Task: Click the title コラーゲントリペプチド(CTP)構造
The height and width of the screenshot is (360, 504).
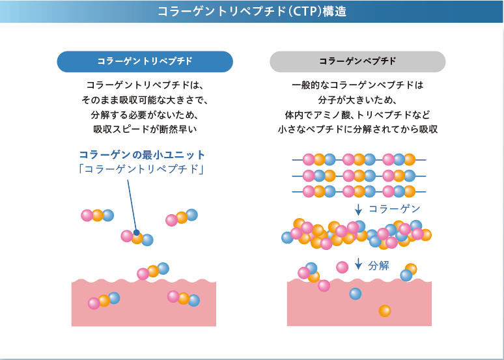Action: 251,12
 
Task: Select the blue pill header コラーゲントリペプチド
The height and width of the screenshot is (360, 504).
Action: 145,62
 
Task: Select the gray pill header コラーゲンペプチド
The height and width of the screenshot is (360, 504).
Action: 357,62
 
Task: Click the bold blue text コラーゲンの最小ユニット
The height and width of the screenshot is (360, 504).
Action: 142,155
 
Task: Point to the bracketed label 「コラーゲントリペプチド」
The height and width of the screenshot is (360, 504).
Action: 142,170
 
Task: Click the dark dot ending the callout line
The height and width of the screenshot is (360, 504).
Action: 136,232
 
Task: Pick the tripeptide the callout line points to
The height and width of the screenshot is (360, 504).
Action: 137,238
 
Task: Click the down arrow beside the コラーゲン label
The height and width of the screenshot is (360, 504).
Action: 358,209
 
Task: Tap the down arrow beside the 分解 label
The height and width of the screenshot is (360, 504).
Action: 358,264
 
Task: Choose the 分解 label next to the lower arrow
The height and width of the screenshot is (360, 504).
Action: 379,265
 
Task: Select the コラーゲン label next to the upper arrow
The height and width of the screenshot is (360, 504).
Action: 395,209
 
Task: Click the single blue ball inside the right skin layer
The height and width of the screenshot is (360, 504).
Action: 355,294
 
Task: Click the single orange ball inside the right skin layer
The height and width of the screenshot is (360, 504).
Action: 385,311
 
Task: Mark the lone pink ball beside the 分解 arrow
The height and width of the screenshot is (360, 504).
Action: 342,266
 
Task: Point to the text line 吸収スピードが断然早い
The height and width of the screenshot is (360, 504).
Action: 145,130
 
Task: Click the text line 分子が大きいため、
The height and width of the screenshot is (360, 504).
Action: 357,100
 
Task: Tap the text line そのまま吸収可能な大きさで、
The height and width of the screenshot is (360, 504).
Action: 145,100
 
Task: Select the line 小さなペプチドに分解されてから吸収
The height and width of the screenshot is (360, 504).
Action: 357,130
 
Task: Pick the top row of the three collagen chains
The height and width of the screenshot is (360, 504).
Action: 357,159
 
